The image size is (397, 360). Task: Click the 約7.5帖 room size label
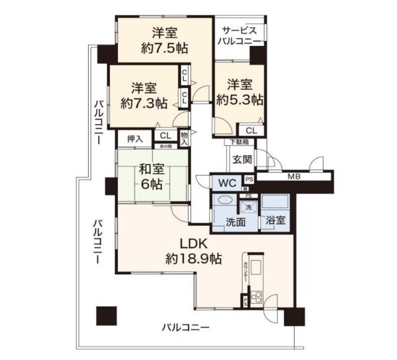(x=165, y=48)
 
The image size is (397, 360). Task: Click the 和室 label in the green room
(x=151, y=168)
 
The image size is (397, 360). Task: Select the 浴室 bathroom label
(x=275, y=220)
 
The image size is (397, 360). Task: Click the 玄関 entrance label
(x=242, y=159)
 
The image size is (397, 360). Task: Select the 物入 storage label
(x=184, y=137)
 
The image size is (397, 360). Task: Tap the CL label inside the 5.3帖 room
(x=251, y=130)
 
